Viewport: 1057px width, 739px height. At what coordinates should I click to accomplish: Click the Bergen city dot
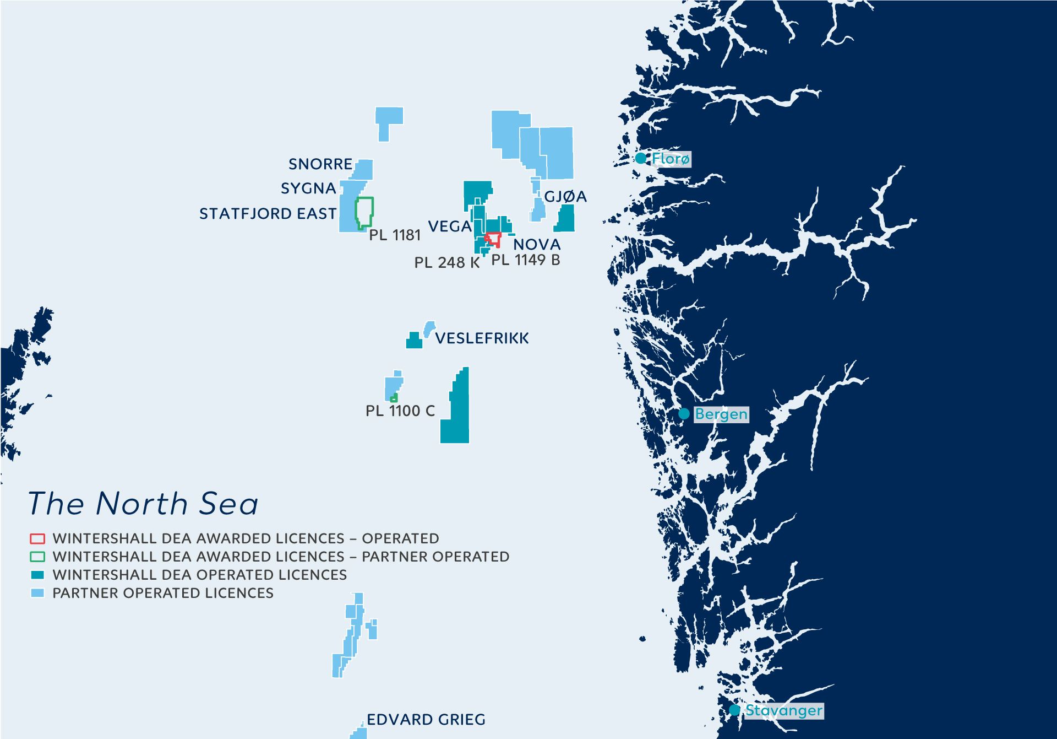point(684,414)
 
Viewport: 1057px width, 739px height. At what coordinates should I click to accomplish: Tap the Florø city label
point(671,159)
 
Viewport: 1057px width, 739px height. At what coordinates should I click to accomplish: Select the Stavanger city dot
point(734,710)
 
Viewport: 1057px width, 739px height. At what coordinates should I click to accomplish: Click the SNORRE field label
point(320,164)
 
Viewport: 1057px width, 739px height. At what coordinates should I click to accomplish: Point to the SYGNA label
point(308,188)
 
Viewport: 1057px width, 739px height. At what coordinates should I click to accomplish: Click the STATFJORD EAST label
point(268,214)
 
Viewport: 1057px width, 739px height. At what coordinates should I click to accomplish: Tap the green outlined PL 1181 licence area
point(364,212)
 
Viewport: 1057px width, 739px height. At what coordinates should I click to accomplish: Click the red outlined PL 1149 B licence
point(494,239)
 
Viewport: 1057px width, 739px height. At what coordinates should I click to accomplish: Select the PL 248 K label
point(447,263)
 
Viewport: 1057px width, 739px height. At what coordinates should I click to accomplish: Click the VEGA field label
point(450,226)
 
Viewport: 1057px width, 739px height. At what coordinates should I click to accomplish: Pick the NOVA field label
point(537,244)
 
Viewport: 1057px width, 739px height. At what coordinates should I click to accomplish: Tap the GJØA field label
point(565,197)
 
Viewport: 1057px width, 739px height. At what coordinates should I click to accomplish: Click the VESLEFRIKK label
point(482,338)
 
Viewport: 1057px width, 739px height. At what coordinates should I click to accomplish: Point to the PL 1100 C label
point(400,411)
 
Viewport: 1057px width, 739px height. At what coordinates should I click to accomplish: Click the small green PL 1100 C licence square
point(394,398)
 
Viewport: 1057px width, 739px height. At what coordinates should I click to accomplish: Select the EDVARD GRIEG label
point(426,720)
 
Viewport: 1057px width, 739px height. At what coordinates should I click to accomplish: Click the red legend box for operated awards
point(37,538)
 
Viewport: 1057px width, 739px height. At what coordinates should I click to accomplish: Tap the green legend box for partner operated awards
point(37,557)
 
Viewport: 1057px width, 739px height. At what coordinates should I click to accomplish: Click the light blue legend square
point(37,593)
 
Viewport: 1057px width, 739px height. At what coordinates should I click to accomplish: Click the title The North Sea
point(143,504)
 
